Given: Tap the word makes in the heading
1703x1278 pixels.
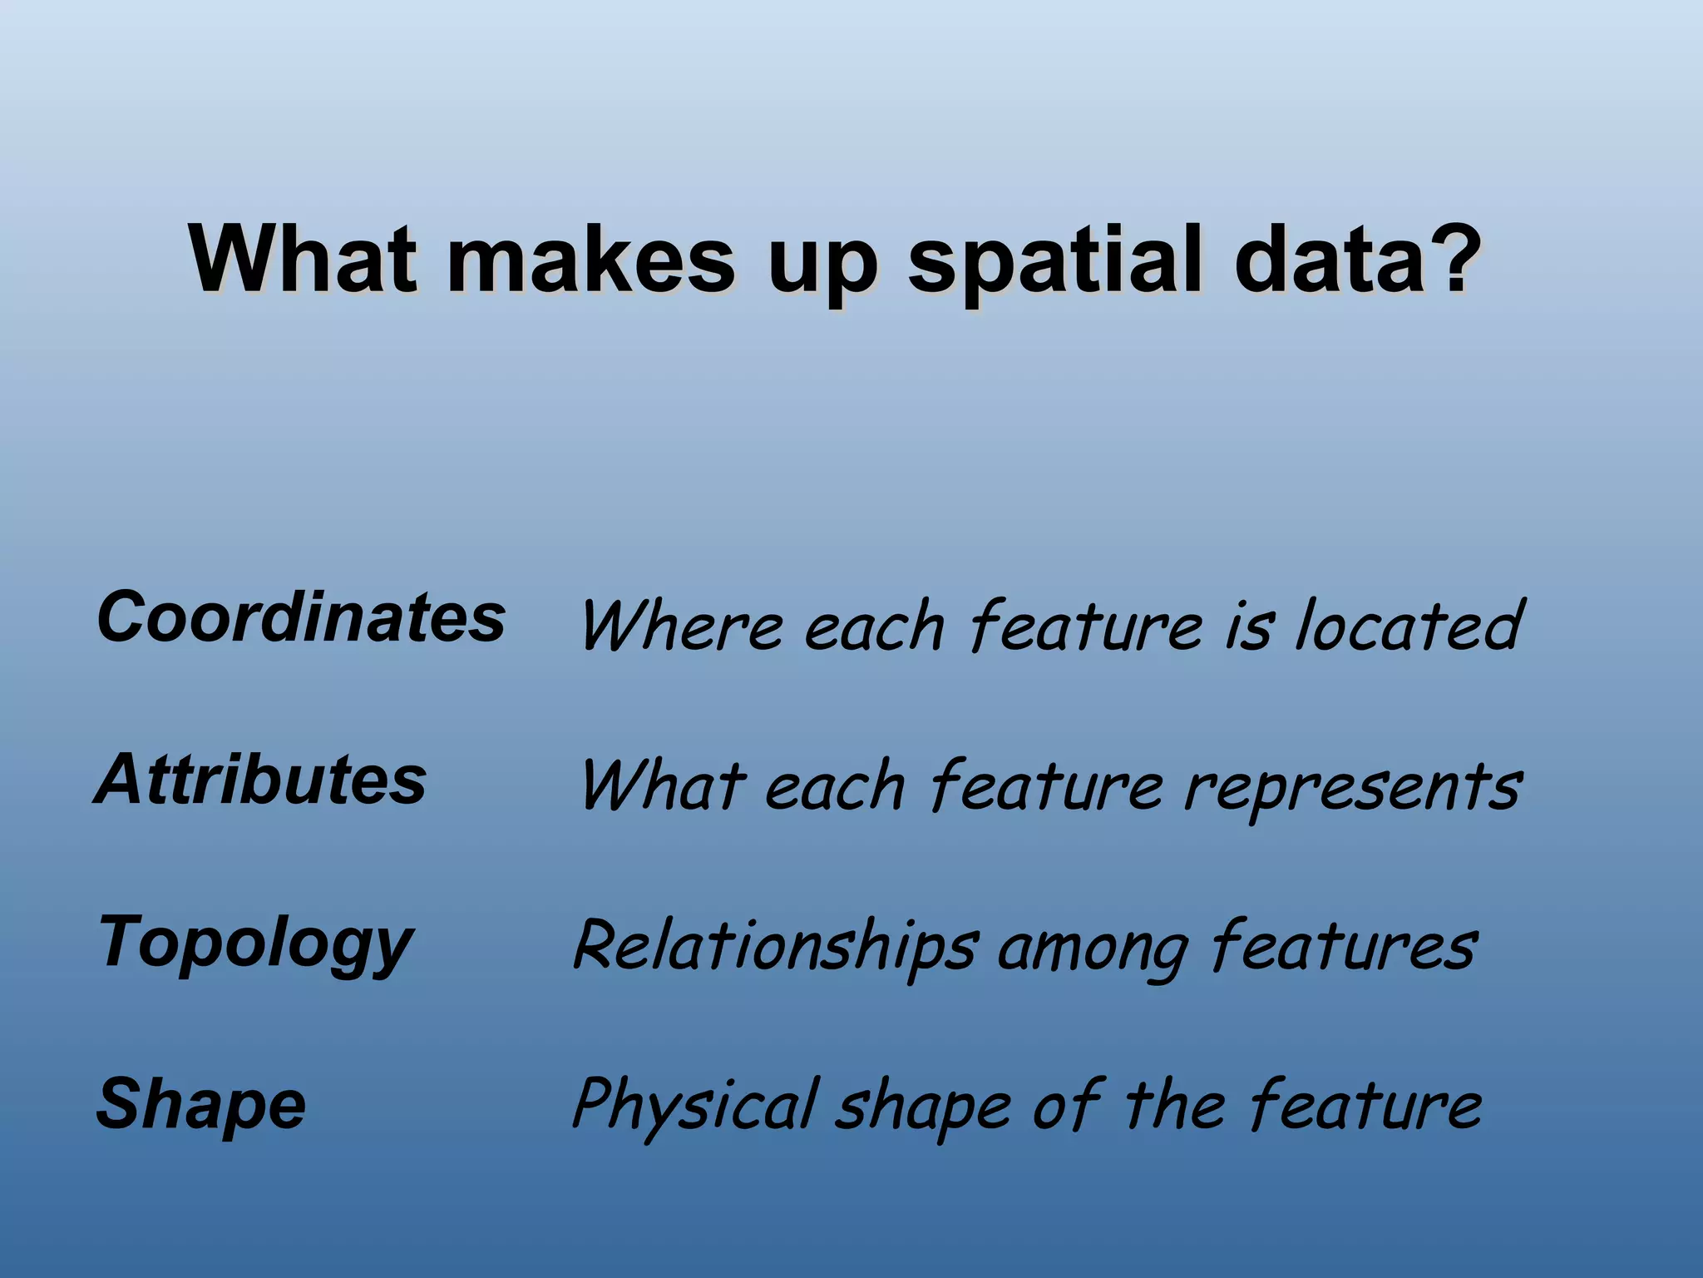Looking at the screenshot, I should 590,259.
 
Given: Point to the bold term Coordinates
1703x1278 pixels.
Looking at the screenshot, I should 301,617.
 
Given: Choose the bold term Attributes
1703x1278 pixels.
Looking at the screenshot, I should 261,780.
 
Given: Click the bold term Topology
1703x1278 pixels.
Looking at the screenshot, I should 255,944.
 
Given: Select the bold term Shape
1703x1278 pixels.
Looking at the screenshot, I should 201,1105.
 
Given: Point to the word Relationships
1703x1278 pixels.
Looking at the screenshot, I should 774,947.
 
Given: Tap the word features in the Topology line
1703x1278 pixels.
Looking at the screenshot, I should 1343,947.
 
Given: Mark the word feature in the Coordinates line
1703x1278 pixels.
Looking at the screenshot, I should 1085,626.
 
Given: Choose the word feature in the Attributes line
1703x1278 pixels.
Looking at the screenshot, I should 1046,786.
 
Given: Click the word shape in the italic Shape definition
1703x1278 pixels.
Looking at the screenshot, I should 923,1109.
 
